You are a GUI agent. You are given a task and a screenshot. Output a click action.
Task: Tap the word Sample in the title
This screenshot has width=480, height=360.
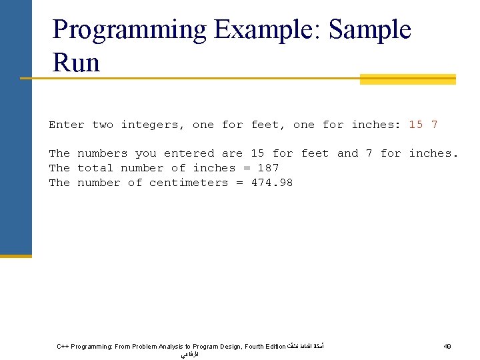[370, 31]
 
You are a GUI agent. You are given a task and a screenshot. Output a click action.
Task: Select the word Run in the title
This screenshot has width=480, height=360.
[76, 63]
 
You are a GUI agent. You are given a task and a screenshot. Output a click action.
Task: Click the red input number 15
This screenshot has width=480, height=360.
[416, 125]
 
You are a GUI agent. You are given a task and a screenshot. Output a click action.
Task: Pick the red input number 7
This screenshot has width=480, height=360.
[435, 125]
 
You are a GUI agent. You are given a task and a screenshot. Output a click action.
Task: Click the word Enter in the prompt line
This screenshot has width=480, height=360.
[67, 125]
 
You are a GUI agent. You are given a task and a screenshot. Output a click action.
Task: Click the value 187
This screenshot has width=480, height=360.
[268, 168]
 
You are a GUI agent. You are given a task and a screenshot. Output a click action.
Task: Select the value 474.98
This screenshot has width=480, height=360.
[272, 183]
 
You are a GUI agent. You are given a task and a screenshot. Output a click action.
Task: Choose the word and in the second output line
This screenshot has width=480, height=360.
[348, 153]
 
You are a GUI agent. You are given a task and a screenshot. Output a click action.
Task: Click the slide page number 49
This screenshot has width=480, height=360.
[447, 347]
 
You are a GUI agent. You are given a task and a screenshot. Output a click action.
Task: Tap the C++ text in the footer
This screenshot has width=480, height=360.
[63, 347]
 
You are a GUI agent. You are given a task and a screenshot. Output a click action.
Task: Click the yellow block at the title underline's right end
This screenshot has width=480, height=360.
[407, 79]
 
